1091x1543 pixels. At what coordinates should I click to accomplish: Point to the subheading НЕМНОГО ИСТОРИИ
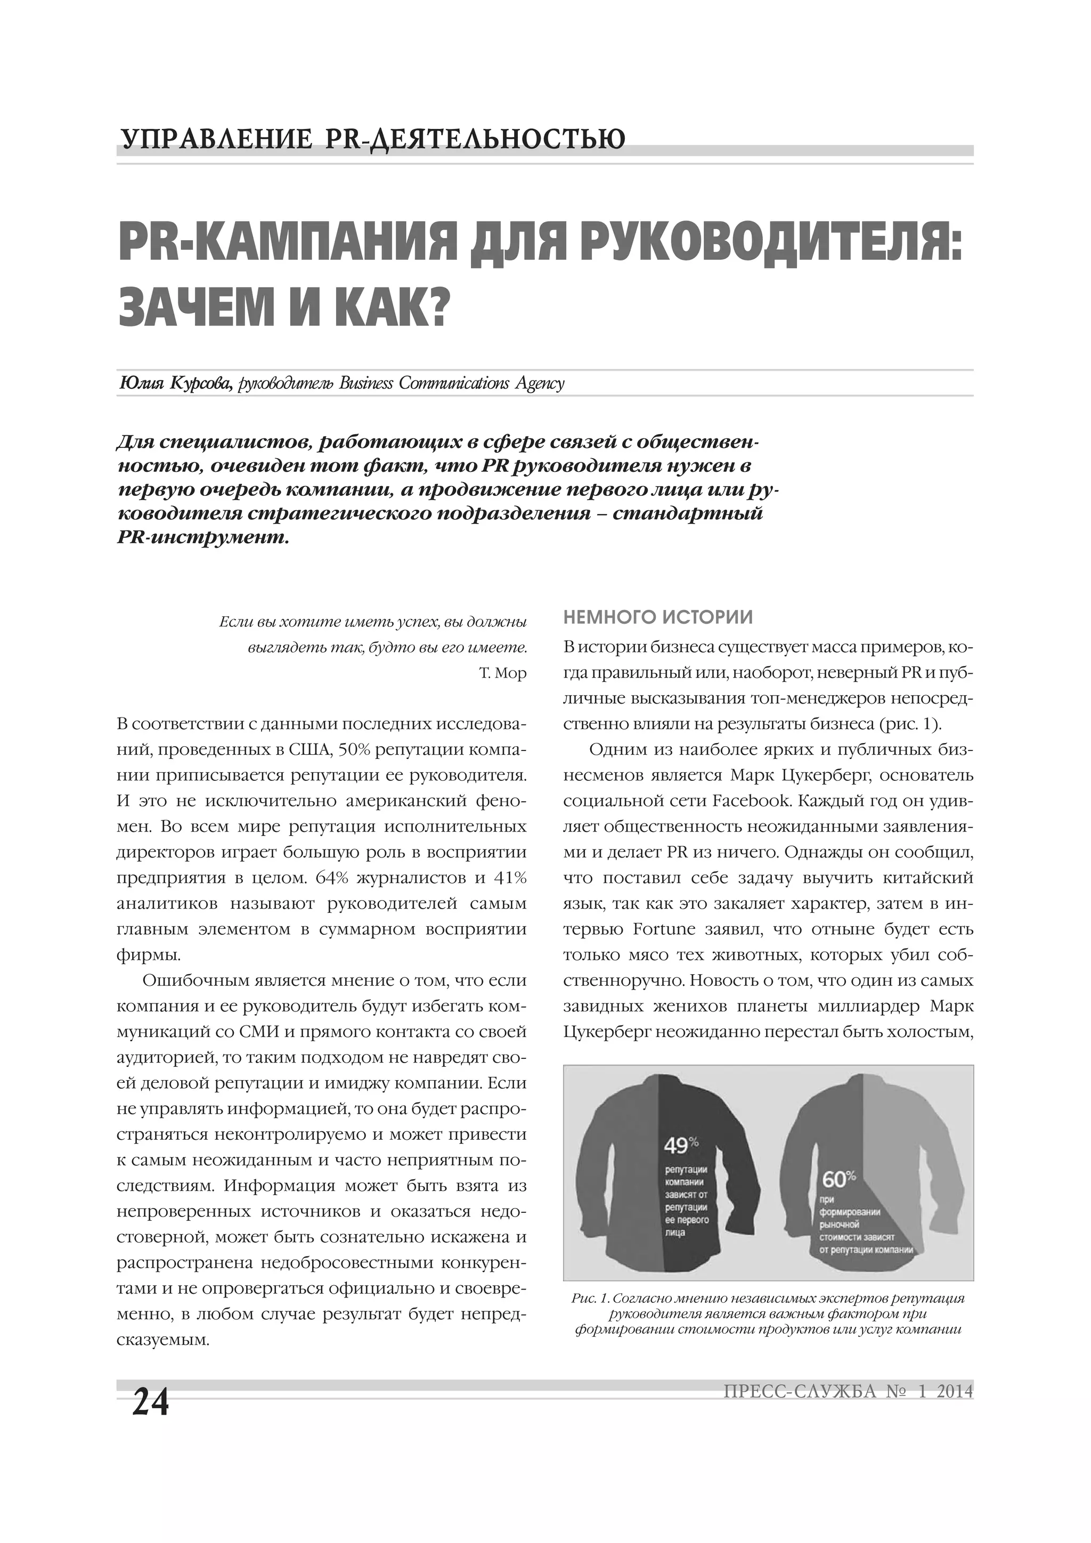coord(657,616)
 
